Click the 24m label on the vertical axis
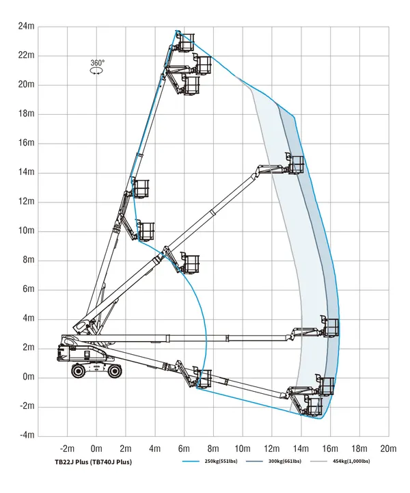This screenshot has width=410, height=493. [26, 26]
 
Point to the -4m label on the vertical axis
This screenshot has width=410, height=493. [27, 435]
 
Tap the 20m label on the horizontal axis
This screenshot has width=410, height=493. [388, 449]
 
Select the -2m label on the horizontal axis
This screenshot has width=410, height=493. [67, 449]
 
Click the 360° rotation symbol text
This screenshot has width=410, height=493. [97, 63]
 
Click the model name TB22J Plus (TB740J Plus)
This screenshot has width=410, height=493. [94, 462]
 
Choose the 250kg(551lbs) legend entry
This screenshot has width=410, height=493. [210, 462]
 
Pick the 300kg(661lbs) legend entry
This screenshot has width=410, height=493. [273, 462]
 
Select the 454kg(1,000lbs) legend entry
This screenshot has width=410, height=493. [340, 462]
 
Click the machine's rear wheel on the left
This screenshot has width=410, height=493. [78, 371]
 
